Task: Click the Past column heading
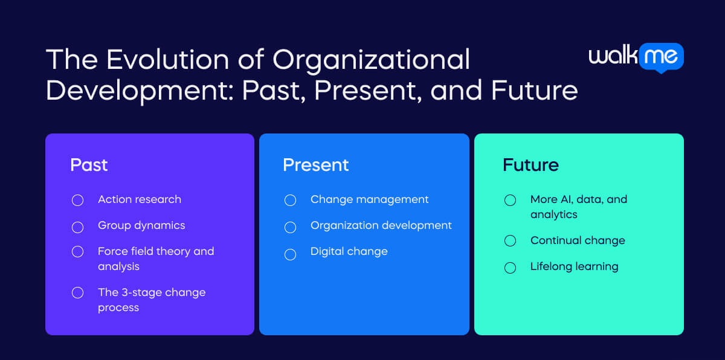tap(89, 165)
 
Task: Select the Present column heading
tap(315, 165)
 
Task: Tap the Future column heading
tap(530, 165)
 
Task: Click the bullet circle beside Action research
tap(77, 201)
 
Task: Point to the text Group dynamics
tap(141, 225)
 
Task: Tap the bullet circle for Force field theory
tap(77, 252)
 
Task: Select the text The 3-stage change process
tap(152, 300)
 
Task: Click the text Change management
tap(369, 199)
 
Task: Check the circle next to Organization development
tap(290, 227)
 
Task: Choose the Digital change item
tap(349, 251)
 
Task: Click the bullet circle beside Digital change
tap(290, 254)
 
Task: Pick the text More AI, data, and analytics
tap(578, 207)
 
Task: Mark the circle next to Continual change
tap(510, 241)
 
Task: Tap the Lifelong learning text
tap(574, 266)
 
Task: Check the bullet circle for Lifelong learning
tap(510, 268)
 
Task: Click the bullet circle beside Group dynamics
tap(77, 227)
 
